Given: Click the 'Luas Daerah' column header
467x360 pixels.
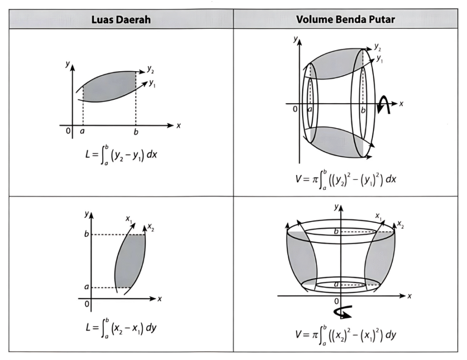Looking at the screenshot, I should click(x=121, y=20).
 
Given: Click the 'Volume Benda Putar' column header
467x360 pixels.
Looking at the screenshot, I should click(x=345, y=20).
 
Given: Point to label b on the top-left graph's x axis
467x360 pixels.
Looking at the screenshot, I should click(x=136, y=132).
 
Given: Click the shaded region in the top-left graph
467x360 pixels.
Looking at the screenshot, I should click(x=109, y=87).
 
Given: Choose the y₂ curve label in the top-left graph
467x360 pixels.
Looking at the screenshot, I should click(x=150, y=70).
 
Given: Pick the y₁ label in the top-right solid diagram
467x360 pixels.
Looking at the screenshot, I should click(x=380, y=59).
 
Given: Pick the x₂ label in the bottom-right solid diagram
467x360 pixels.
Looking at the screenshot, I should click(x=400, y=224).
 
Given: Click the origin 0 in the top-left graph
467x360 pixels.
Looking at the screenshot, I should click(x=67, y=131).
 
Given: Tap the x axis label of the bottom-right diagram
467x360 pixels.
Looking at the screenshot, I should click(x=409, y=296).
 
